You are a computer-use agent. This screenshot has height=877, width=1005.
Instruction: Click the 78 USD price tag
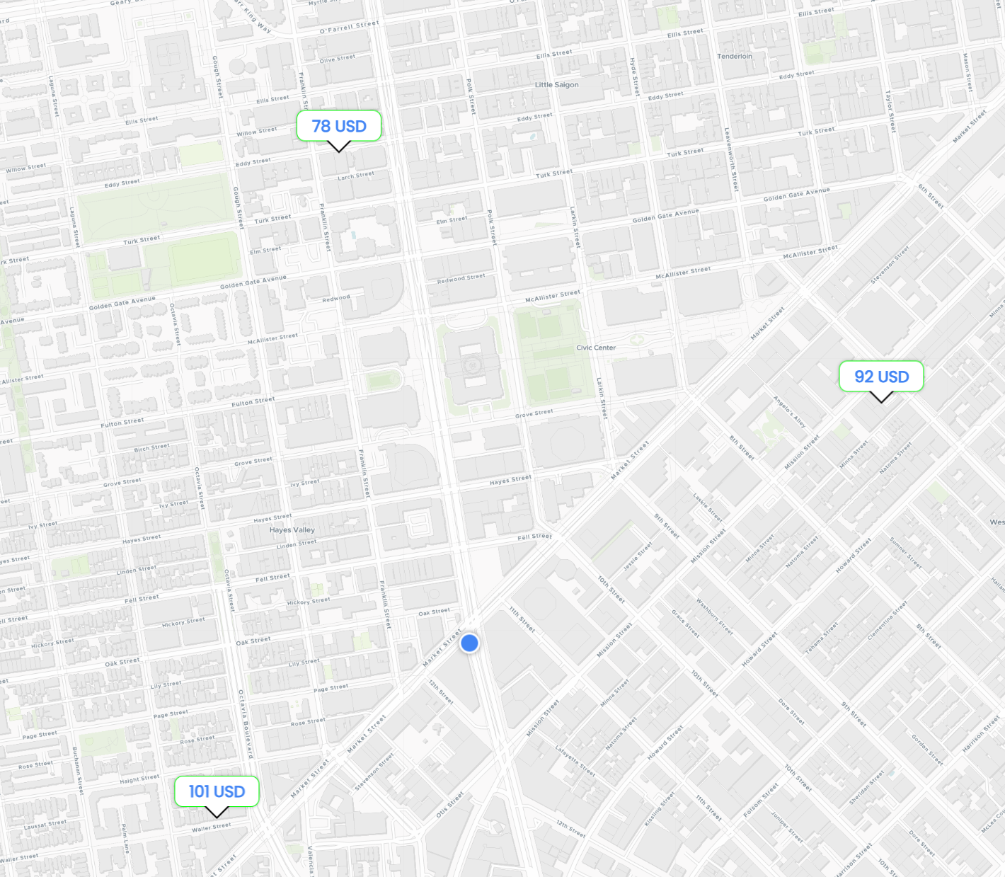(x=339, y=126)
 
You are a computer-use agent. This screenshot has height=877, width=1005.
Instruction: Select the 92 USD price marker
(x=881, y=377)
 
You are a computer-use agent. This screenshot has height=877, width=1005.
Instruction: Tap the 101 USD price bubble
(x=217, y=791)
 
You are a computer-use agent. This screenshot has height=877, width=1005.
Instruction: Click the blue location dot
(x=469, y=643)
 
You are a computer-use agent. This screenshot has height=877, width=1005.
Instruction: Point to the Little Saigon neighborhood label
(x=556, y=85)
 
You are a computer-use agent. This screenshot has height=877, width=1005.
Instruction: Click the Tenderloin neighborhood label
(x=735, y=57)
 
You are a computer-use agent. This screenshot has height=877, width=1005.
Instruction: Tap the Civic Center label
(x=596, y=348)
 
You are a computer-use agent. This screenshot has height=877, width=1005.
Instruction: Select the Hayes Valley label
(x=292, y=529)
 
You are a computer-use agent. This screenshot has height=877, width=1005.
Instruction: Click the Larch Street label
(x=356, y=176)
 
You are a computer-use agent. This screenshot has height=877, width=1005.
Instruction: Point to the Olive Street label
(x=338, y=59)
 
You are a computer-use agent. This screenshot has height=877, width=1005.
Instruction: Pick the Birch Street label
(x=152, y=447)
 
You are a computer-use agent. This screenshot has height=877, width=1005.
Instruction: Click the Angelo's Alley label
(x=789, y=411)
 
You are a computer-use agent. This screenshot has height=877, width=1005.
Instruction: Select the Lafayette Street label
(x=575, y=761)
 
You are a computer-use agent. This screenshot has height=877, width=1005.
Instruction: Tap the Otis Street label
(x=449, y=805)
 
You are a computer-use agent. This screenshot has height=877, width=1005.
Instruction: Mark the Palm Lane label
(x=125, y=838)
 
